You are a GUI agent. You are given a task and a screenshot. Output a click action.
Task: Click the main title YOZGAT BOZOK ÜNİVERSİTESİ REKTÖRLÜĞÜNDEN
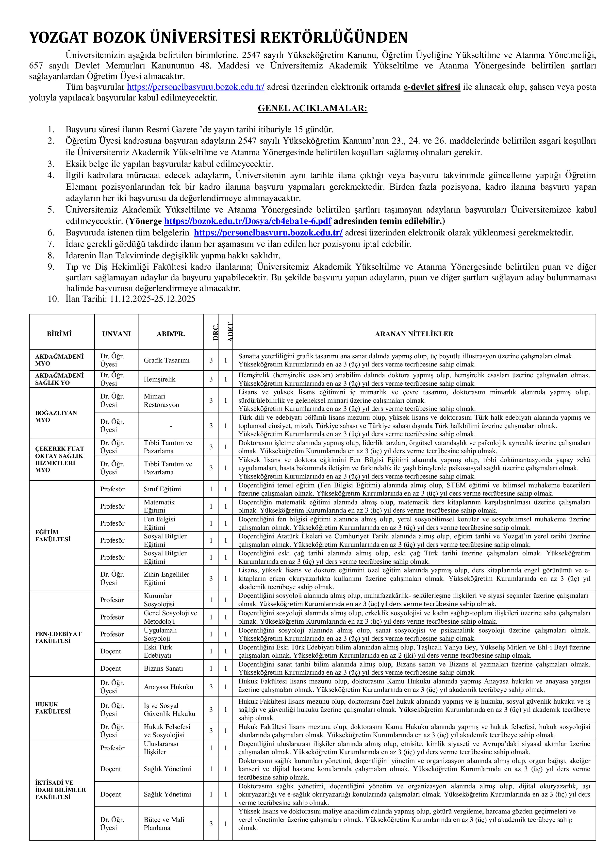tap(218, 38)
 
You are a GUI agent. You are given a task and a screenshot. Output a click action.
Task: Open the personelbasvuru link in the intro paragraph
tap(196, 87)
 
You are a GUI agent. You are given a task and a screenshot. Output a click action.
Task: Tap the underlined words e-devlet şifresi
tap(432, 87)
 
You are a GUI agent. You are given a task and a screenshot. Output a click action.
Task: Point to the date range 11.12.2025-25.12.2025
tap(153, 299)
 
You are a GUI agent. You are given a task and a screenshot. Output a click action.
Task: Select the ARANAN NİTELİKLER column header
tap(414, 334)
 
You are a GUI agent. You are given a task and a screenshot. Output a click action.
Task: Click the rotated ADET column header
tap(230, 332)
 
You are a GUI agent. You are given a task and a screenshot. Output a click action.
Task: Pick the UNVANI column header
tap(116, 334)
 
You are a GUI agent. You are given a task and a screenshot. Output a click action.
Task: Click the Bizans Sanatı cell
tap(163, 668)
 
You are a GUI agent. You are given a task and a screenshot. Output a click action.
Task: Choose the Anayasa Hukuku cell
tap(168, 687)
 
